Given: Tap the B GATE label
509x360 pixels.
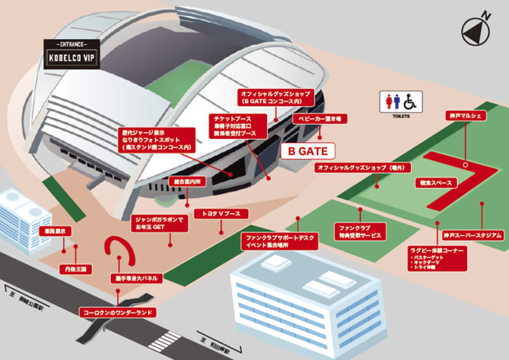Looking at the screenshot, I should [x=307, y=151].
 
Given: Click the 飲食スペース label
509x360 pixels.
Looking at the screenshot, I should [x=435, y=183].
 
